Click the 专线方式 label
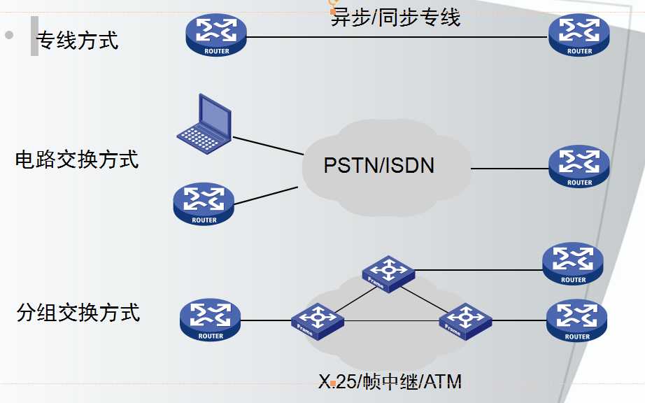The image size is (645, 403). (78, 40)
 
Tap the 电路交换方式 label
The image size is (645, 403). (77, 160)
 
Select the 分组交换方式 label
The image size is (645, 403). (78, 312)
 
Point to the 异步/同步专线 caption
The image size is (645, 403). (395, 17)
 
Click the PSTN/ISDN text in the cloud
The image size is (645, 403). (379, 165)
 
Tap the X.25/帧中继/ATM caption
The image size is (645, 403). (390, 381)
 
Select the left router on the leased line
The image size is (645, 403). (216, 35)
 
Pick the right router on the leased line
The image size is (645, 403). (579, 35)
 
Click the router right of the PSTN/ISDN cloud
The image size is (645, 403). (579, 167)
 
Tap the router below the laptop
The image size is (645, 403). (204, 204)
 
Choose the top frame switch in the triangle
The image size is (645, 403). (388, 272)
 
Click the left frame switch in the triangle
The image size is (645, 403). (318, 320)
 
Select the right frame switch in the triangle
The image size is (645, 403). (465, 320)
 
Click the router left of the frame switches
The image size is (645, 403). (210, 320)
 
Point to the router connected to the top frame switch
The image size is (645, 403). (573, 263)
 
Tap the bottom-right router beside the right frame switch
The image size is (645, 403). (576, 320)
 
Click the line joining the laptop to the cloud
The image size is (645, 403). (268, 145)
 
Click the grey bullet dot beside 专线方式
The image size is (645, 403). (9, 34)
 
